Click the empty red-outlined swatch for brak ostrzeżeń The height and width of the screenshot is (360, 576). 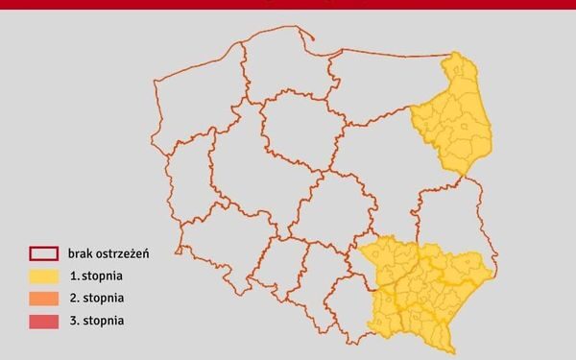[x=45, y=254]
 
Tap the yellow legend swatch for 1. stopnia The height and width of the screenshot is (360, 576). [x=45, y=276]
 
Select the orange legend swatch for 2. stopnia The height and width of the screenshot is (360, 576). [x=45, y=299]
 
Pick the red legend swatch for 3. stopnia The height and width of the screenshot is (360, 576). [x=45, y=321]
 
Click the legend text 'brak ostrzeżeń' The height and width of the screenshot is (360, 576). [x=107, y=254]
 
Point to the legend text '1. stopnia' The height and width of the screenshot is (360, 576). [x=94, y=276]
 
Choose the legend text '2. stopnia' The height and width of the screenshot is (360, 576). [x=94, y=299]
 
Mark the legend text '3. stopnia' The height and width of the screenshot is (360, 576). [x=94, y=321]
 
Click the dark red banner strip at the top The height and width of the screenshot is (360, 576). [x=288, y=5]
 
